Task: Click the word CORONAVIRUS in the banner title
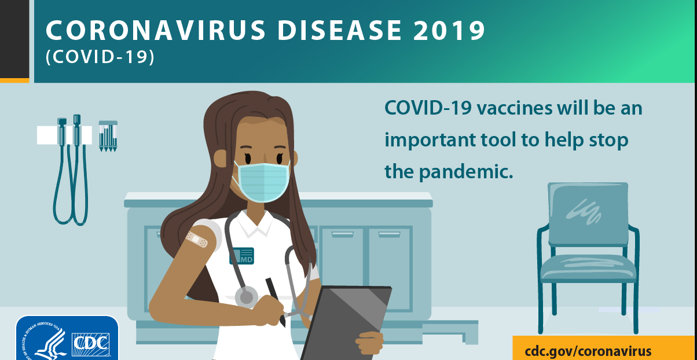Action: [x=156, y=30]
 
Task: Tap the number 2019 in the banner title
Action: [x=449, y=30]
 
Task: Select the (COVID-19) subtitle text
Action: [x=100, y=57]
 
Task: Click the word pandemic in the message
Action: [x=466, y=171]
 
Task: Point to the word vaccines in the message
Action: [x=515, y=108]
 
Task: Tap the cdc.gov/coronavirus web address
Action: [x=588, y=351]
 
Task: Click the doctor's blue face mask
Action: [x=263, y=182]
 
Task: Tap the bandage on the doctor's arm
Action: [x=197, y=239]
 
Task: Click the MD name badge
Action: [x=242, y=256]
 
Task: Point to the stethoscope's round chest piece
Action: [x=247, y=297]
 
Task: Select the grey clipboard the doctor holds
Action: [x=346, y=324]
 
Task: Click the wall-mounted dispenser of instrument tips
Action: [x=108, y=136]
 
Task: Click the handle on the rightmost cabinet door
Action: [x=389, y=234]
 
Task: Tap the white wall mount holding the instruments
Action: [x=64, y=135]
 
